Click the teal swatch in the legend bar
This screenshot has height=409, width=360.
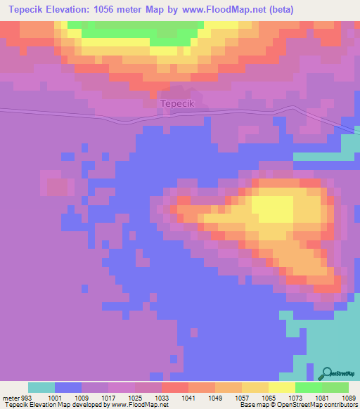point(41,387)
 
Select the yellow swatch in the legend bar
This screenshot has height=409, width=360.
point(281,387)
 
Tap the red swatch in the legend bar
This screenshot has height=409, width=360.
point(175,387)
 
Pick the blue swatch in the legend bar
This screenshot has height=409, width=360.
point(68,387)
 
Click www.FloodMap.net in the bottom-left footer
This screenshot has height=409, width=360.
point(136,405)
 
